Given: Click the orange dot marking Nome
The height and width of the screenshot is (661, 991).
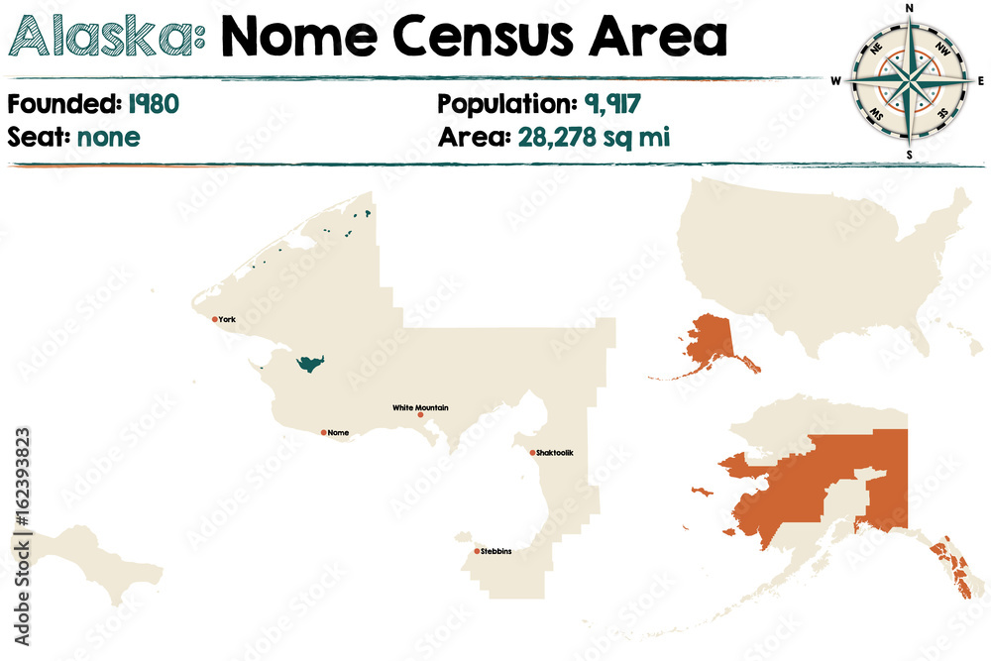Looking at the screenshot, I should point(323,432).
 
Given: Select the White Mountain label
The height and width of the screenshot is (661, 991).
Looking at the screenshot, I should point(420,407).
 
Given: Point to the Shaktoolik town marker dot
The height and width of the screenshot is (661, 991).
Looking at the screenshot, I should point(532,453).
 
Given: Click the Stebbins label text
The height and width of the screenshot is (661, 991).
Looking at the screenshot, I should point(497,551).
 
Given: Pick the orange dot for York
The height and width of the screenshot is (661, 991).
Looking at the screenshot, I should point(215,319).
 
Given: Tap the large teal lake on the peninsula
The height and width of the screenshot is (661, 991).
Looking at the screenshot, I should point(310,364).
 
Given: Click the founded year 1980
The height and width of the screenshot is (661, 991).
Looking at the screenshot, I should point(153,103).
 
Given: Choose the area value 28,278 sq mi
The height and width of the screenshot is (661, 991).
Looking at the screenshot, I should point(594,136).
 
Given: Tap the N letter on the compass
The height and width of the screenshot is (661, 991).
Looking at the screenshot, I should point(909,9).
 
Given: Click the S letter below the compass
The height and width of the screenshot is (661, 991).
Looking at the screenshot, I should point(909,156).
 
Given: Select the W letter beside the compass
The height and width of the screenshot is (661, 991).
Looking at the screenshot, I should point(836,81).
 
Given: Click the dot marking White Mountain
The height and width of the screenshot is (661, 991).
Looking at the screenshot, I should point(420,415).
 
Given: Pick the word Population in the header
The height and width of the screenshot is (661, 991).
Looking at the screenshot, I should point(502,103).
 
